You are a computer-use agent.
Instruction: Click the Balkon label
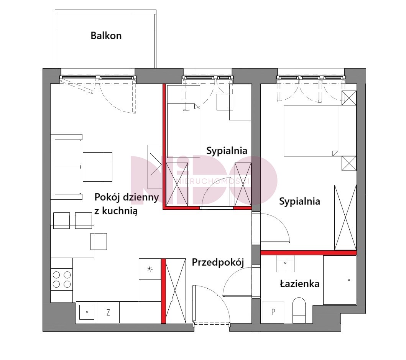pyautogui.click(x=106, y=36)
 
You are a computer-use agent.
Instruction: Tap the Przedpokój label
pyautogui.click(x=218, y=262)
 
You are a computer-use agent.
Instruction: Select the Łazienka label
pyautogui.click(x=299, y=283)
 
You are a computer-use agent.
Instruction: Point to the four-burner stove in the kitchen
pyautogui.click(x=62, y=279)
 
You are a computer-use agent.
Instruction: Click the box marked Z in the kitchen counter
pyautogui.click(x=108, y=312)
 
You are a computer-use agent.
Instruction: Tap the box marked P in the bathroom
pyautogui.click(x=273, y=312)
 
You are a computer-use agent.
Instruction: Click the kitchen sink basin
pyautogui.click(x=87, y=312)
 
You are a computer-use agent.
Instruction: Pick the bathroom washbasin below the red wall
pyautogui.click(x=285, y=264)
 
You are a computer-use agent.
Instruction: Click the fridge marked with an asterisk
pyautogui.click(x=150, y=269)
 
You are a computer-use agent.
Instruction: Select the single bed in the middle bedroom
pyautogui.click(x=184, y=120)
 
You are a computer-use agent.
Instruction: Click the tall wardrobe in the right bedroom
pyautogui.click(x=345, y=217)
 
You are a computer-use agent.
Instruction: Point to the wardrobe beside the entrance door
pyautogui.click(x=176, y=291)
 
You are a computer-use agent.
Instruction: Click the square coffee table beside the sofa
pyautogui.click(x=98, y=167)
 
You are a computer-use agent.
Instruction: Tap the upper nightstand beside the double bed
pyautogui.click(x=349, y=98)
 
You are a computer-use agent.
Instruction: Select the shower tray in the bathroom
pyautogui.click(x=340, y=280)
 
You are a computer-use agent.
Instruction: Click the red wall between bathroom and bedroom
pyautogui.click(x=308, y=253)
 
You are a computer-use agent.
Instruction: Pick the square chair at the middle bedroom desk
pyautogui.click(x=225, y=102)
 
